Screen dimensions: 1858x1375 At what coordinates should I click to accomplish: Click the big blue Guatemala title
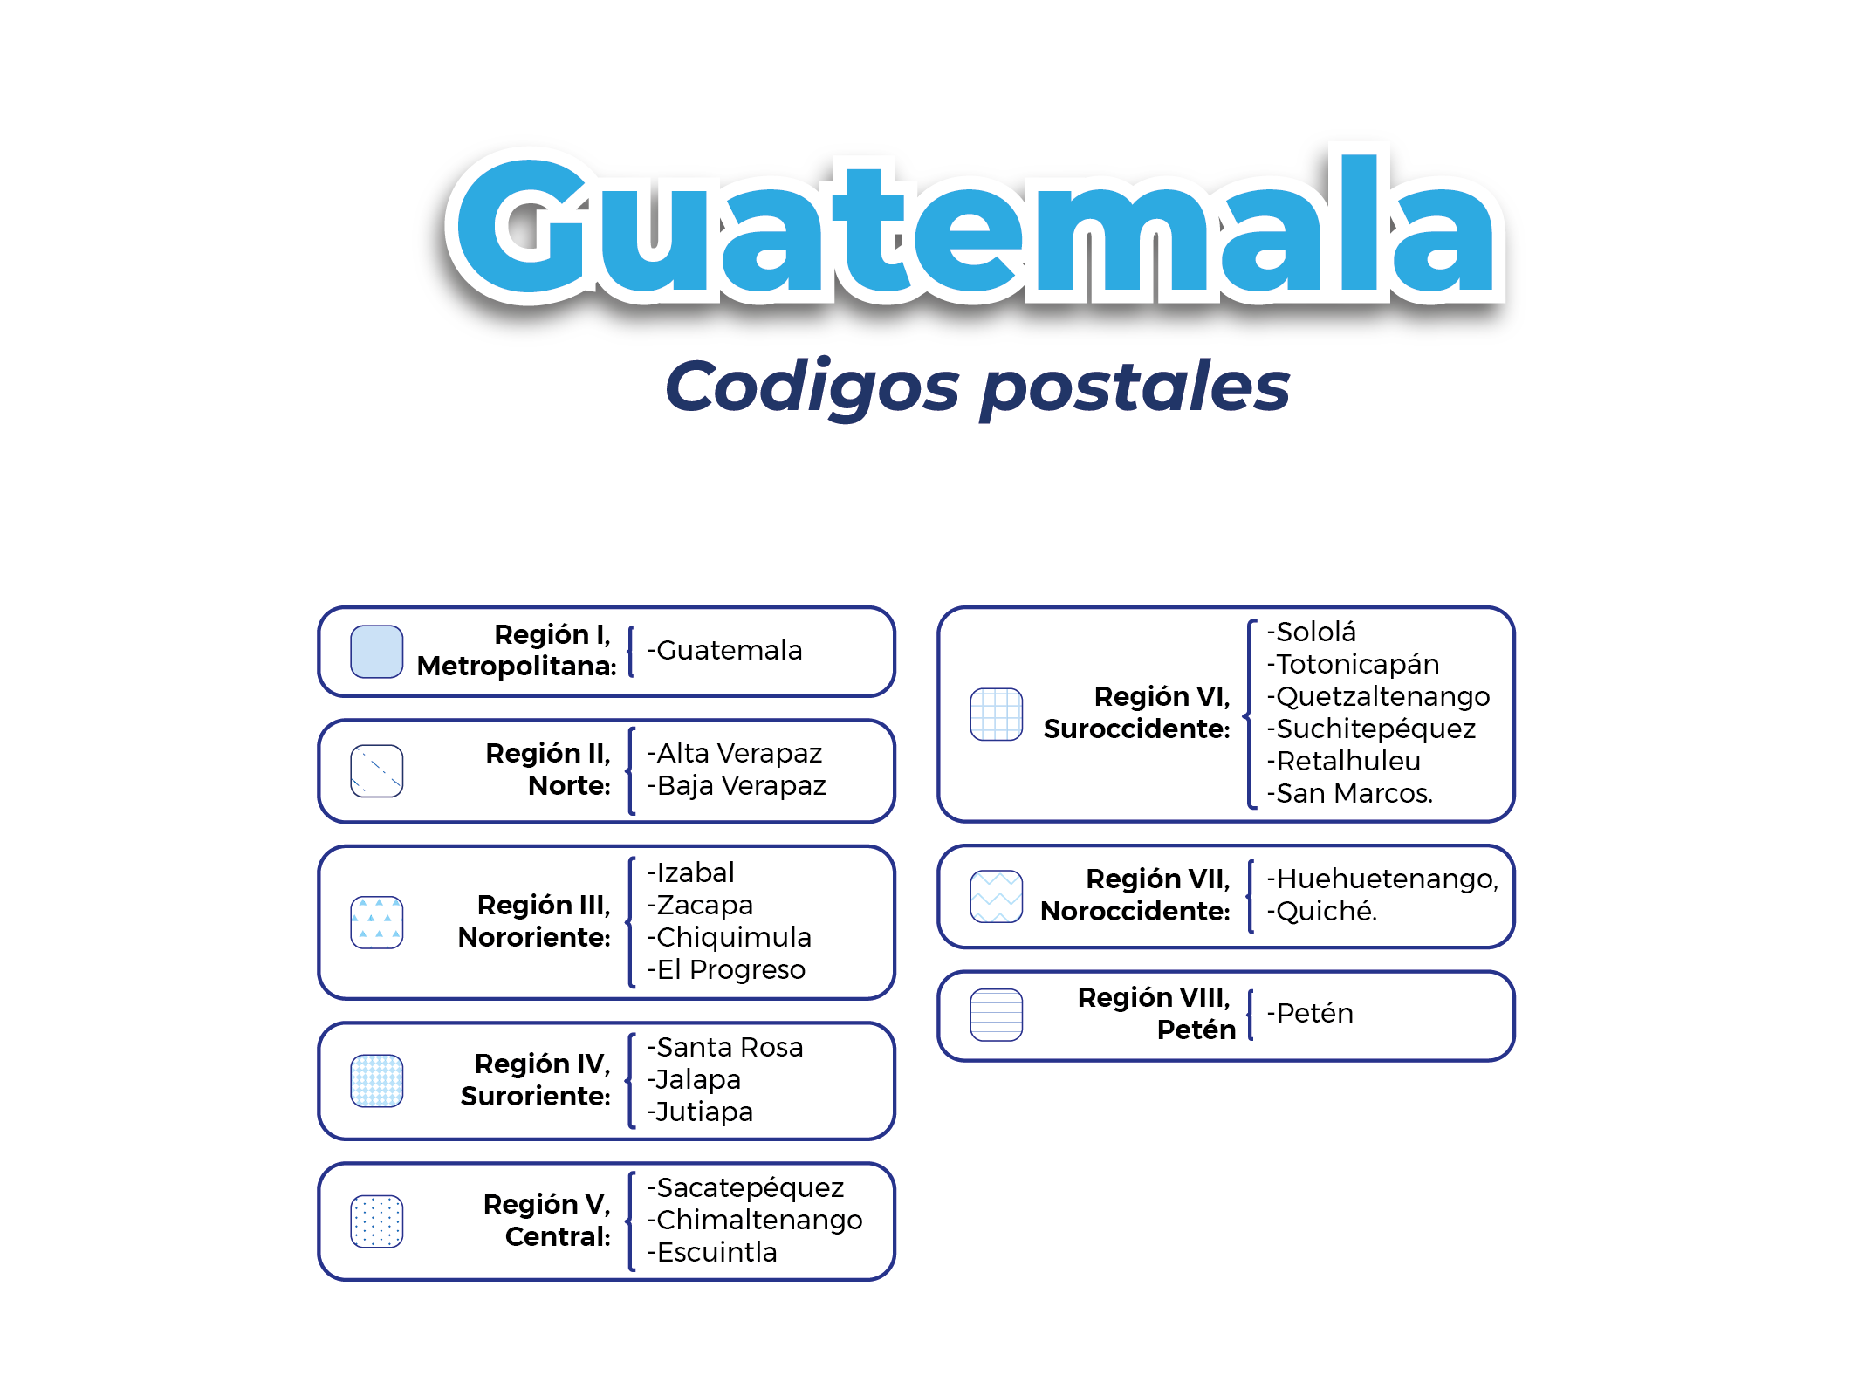click(975, 225)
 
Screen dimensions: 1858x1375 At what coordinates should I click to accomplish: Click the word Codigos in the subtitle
click(812, 387)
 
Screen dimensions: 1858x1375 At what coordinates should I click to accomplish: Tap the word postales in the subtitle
click(1135, 387)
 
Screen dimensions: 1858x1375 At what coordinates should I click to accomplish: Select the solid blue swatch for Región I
click(376, 652)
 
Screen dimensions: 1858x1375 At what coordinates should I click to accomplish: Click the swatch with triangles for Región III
click(376, 922)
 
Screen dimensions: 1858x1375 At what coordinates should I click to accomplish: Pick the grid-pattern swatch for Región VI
click(996, 715)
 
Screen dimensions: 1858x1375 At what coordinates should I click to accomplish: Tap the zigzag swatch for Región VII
click(996, 896)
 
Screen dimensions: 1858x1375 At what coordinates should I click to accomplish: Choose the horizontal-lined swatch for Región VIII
click(996, 1015)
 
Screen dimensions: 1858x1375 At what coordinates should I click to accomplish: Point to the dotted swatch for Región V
click(376, 1221)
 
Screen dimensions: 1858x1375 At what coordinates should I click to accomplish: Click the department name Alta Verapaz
click(739, 753)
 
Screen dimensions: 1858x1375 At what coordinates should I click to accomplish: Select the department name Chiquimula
click(734, 937)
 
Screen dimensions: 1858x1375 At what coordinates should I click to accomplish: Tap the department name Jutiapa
click(704, 1112)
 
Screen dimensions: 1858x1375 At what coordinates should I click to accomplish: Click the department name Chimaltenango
click(759, 1220)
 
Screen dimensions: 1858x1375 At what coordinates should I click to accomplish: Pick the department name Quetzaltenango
click(1383, 696)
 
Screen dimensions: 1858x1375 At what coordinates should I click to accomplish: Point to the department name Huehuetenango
click(1388, 879)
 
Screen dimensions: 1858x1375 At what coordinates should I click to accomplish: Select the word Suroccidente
click(1136, 729)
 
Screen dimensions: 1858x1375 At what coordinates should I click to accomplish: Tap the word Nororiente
click(534, 937)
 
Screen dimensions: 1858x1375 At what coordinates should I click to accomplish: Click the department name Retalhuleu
click(1348, 761)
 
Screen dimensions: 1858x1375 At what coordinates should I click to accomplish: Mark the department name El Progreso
click(731, 969)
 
